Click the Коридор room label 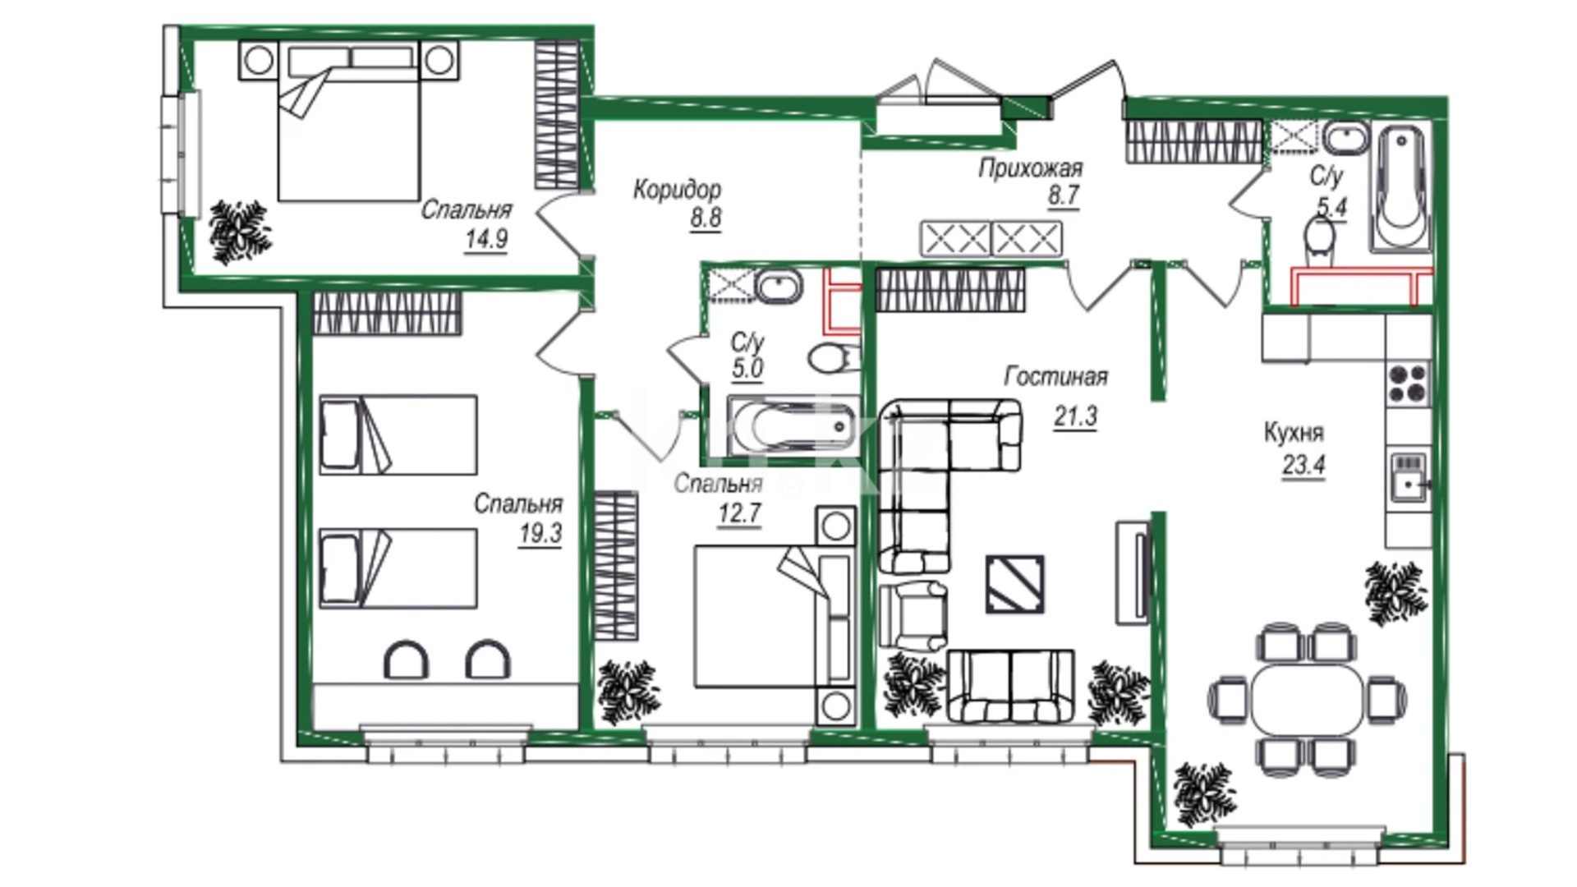pyautogui.click(x=677, y=190)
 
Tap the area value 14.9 pyautogui.click(x=486, y=240)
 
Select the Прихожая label pyautogui.click(x=1030, y=168)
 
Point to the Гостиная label pyautogui.click(x=1055, y=376)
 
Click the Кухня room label pyautogui.click(x=1294, y=433)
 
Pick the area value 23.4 pyautogui.click(x=1303, y=465)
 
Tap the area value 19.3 pyautogui.click(x=540, y=534)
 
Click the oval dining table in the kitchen pyautogui.click(x=1306, y=699)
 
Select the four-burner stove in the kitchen pyautogui.click(x=1408, y=383)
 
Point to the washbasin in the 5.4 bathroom pyautogui.click(x=1345, y=136)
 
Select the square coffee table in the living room pyautogui.click(x=1015, y=584)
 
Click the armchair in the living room pyautogui.click(x=913, y=615)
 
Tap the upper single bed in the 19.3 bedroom pyautogui.click(x=398, y=434)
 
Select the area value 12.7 pyautogui.click(x=739, y=514)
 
